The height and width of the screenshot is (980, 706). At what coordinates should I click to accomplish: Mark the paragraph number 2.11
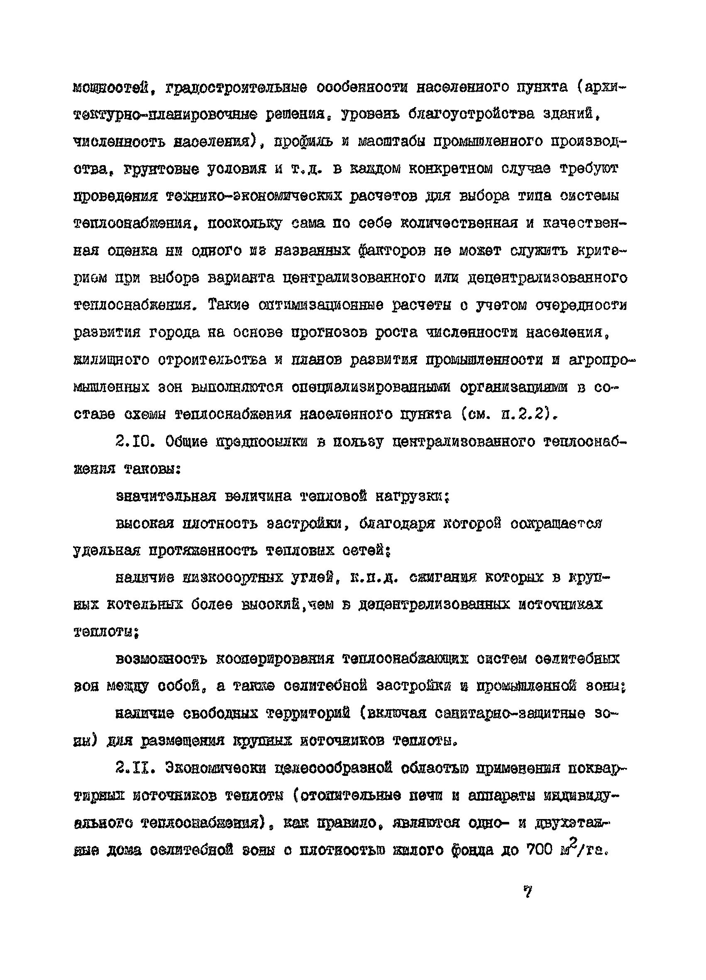click(136, 768)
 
